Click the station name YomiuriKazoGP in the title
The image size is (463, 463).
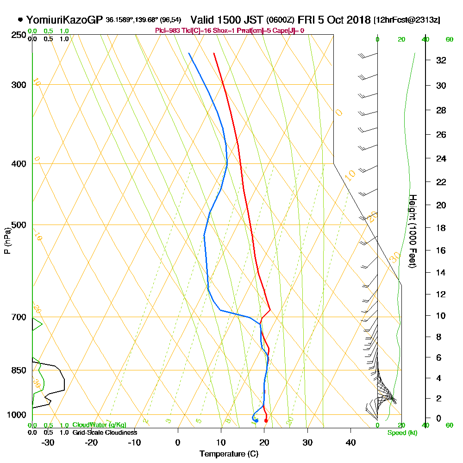[65, 20]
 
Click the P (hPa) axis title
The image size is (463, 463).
[7, 240]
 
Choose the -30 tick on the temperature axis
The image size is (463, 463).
[48, 442]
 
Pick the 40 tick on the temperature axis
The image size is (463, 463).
[350, 442]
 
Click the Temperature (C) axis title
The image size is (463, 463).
[229, 454]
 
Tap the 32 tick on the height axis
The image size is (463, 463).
[441, 60]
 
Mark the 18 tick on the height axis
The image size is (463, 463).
[441, 228]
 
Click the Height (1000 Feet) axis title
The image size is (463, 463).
[412, 231]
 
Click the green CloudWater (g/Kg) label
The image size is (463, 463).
[99, 425]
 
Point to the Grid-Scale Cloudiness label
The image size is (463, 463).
[104, 432]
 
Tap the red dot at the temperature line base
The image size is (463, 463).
[266, 421]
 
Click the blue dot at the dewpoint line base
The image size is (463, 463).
[256, 420]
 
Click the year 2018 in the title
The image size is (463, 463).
[357, 20]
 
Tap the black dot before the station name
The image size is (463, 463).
[20, 20]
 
